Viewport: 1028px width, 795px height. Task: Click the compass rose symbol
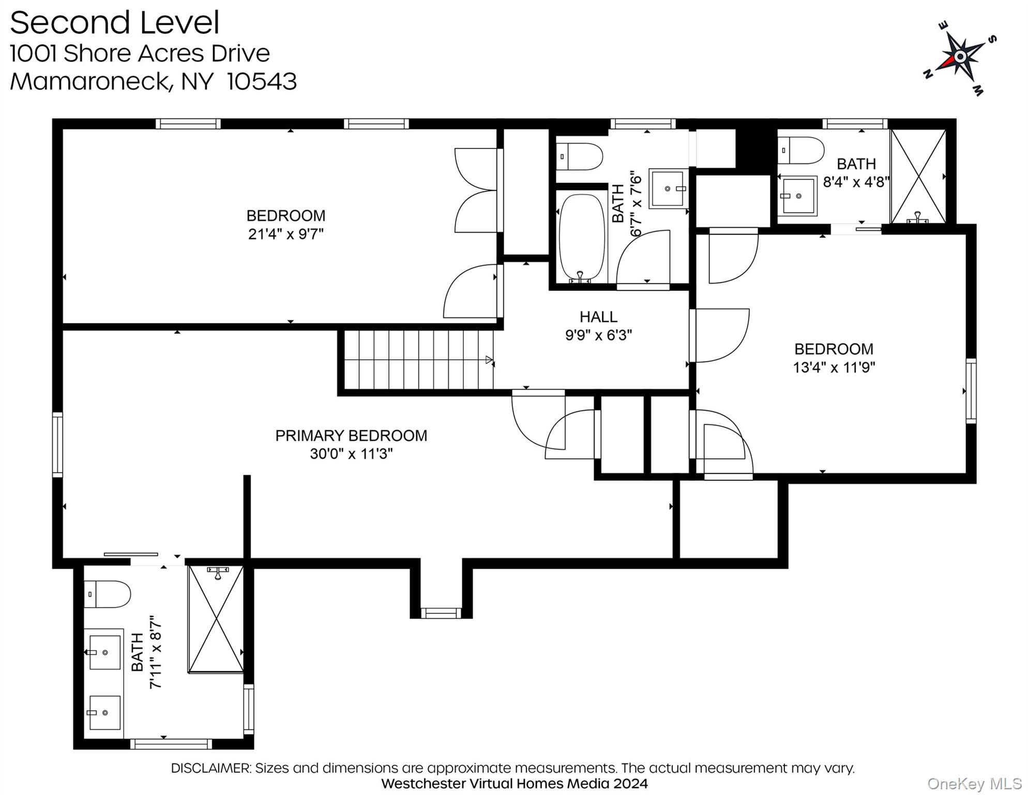pyautogui.click(x=960, y=57)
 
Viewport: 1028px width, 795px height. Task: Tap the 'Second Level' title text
pyautogui.click(x=115, y=23)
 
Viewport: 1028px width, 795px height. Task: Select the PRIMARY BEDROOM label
pyautogui.click(x=351, y=436)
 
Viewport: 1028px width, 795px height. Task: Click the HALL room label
pyautogui.click(x=598, y=317)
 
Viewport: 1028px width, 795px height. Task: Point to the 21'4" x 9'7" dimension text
pyautogui.click(x=285, y=234)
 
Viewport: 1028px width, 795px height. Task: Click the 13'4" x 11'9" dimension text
pyautogui.click(x=834, y=367)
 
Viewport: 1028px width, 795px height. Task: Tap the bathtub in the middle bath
pyautogui.click(x=582, y=237)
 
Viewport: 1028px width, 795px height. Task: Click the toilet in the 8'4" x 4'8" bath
pyautogui.click(x=800, y=150)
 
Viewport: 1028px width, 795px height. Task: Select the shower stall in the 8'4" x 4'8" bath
pyautogui.click(x=918, y=176)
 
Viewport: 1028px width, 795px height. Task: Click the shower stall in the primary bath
pyautogui.click(x=216, y=619)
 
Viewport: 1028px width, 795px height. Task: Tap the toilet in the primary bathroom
pyautogui.click(x=107, y=594)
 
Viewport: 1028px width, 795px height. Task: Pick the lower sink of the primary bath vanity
pyautogui.click(x=104, y=713)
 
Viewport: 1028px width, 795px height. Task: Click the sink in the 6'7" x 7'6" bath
pyautogui.click(x=668, y=188)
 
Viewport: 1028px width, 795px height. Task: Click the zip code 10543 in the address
pyautogui.click(x=262, y=82)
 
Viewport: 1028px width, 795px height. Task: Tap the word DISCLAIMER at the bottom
pyautogui.click(x=210, y=768)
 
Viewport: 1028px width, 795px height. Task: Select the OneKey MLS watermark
pyautogui.click(x=974, y=784)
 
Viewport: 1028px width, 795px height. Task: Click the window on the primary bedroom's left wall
pyautogui.click(x=57, y=445)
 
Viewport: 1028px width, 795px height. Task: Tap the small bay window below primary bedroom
pyautogui.click(x=441, y=613)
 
